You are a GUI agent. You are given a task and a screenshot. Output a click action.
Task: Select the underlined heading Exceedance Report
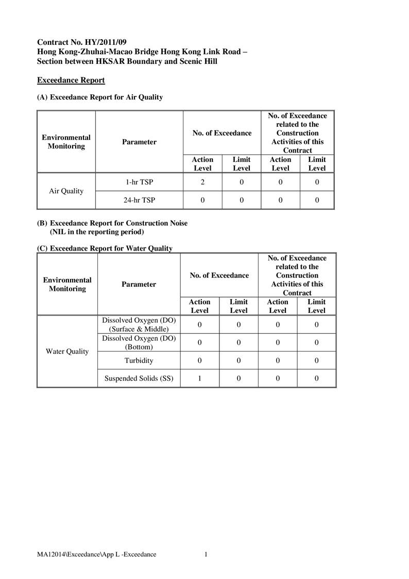[71, 80]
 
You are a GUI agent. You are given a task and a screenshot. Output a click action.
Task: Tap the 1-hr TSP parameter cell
[139, 182]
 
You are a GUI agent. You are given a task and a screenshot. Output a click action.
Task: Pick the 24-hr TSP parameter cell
[139, 200]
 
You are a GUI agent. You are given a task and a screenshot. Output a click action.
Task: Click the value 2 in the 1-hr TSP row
[202, 182]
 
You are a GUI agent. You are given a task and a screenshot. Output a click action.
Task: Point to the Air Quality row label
[66, 191]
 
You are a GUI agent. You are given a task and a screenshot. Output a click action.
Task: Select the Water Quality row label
[67, 351]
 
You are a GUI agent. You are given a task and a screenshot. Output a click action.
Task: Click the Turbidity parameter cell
[139, 360]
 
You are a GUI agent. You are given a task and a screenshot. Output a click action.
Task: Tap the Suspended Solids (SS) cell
[139, 378]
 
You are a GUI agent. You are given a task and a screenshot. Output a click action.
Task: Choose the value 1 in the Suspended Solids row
[199, 378]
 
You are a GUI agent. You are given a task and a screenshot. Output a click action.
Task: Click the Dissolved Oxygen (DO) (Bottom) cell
[139, 342]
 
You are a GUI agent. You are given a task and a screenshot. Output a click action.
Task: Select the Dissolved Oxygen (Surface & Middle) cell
[139, 324]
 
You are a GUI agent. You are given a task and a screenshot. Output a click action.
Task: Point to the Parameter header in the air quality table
[139, 142]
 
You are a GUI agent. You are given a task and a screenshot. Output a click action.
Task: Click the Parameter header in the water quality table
[139, 284]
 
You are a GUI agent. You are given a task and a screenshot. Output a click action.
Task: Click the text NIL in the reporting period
[97, 231]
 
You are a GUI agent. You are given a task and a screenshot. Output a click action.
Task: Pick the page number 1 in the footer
[206, 554]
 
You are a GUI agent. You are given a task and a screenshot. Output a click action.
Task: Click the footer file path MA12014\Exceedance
[96, 554]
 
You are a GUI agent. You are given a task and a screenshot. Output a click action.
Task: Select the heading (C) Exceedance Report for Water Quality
[105, 249]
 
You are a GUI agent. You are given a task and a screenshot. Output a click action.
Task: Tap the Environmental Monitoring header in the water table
[67, 284]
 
